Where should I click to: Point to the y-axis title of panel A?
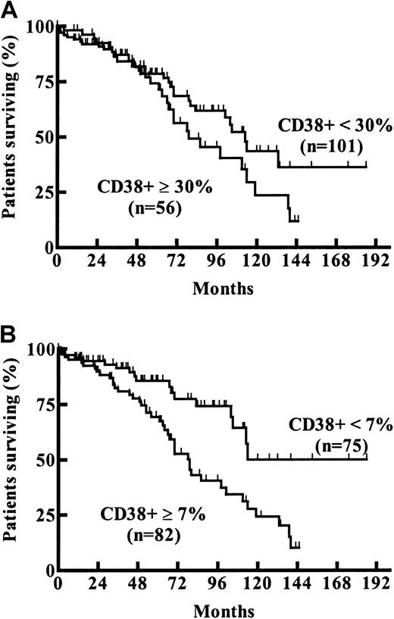(x=11, y=136)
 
